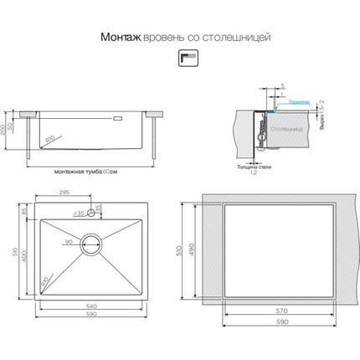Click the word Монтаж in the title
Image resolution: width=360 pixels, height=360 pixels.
coord(120,37)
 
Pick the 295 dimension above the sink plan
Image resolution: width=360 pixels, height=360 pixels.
coord(62,192)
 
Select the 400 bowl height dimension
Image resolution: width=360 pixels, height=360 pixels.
coord(25,256)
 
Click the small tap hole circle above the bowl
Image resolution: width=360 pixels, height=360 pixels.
coord(90,212)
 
